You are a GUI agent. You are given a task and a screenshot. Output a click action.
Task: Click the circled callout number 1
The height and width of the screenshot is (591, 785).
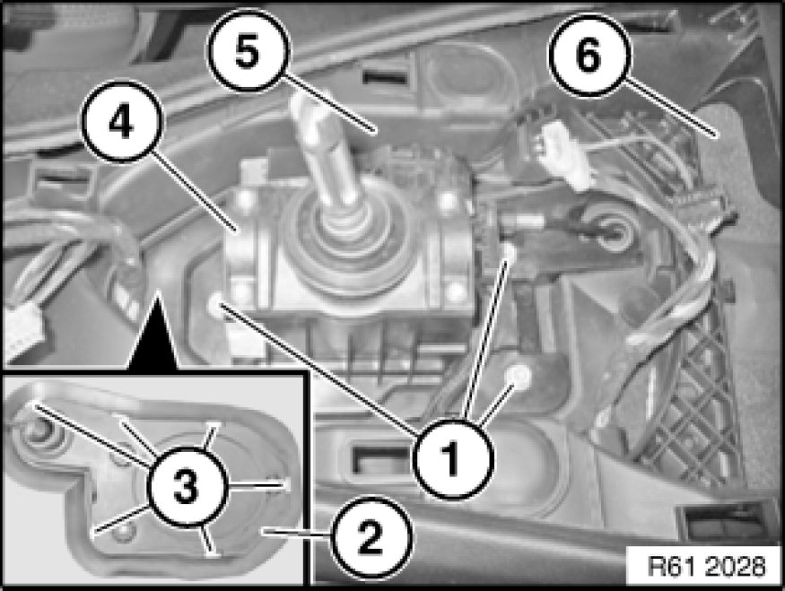click(x=453, y=458)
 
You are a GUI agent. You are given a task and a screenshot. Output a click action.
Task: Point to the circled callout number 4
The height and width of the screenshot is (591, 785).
click(x=122, y=121)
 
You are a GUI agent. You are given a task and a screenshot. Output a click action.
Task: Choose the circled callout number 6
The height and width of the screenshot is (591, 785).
click(x=589, y=56)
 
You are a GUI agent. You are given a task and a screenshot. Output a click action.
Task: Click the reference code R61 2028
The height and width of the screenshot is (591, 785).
click(x=706, y=567)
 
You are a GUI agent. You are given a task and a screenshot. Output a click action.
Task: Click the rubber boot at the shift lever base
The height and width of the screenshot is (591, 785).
click(x=345, y=240)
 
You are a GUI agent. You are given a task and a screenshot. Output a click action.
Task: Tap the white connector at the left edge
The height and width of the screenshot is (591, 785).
click(x=19, y=333)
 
